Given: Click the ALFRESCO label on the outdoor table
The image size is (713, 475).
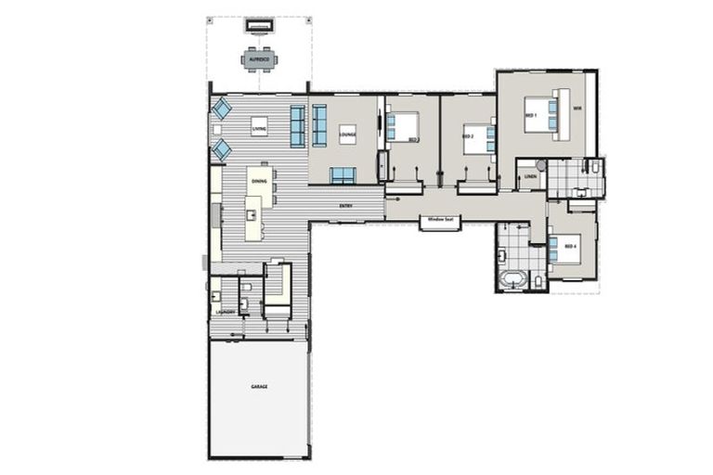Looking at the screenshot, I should tap(259, 59).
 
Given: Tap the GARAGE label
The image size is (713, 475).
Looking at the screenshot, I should tap(259, 386).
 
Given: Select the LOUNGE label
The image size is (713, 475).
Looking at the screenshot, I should tap(347, 135).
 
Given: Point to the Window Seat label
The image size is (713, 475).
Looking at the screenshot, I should tap(440, 221).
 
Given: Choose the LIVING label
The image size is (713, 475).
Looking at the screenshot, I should tap(259, 128).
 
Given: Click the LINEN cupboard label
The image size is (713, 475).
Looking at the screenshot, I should tap(530, 176).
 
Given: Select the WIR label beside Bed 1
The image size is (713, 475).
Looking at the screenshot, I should tap(577, 109).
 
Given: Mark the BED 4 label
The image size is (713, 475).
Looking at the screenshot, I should tap(569, 247).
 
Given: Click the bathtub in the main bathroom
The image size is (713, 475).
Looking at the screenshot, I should tap(512, 278).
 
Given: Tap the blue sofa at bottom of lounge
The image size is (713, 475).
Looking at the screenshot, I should tap(343, 174).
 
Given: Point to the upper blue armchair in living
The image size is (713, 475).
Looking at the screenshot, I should tap(222, 109).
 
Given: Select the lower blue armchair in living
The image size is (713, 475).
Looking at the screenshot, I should tap(222, 149).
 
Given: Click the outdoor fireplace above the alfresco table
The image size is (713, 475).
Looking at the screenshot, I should tap(259, 25).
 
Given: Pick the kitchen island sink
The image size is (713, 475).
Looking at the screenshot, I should tap(251, 215).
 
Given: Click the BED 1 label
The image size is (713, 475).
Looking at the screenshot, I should tap(531, 115).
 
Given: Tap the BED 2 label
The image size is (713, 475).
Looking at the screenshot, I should tap(469, 137).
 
